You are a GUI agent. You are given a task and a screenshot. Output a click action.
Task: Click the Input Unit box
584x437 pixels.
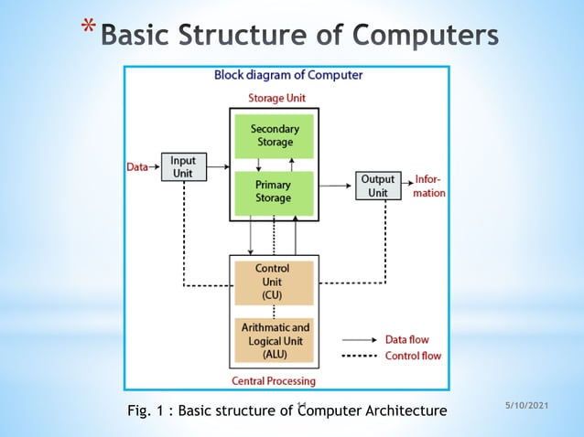click(183, 167)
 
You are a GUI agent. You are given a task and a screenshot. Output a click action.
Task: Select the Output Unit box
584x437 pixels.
click(378, 186)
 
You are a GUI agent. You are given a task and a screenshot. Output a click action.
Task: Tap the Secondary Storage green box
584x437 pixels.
click(274, 136)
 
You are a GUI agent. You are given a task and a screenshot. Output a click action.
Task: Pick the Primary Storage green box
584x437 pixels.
click(274, 192)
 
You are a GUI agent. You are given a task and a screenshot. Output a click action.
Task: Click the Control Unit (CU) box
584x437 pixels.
click(274, 282)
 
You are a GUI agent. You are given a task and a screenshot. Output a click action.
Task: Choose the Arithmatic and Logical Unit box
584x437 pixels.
click(274, 340)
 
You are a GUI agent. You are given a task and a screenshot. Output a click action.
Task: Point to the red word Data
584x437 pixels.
click(136, 167)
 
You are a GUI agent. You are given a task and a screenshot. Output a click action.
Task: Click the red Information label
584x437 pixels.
click(430, 186)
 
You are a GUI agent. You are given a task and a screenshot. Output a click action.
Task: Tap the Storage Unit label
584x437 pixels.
click(276, 98)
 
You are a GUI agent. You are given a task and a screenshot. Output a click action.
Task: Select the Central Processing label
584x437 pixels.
click(275, 380)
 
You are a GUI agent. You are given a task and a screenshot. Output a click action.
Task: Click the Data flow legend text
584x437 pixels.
click(410, 338)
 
